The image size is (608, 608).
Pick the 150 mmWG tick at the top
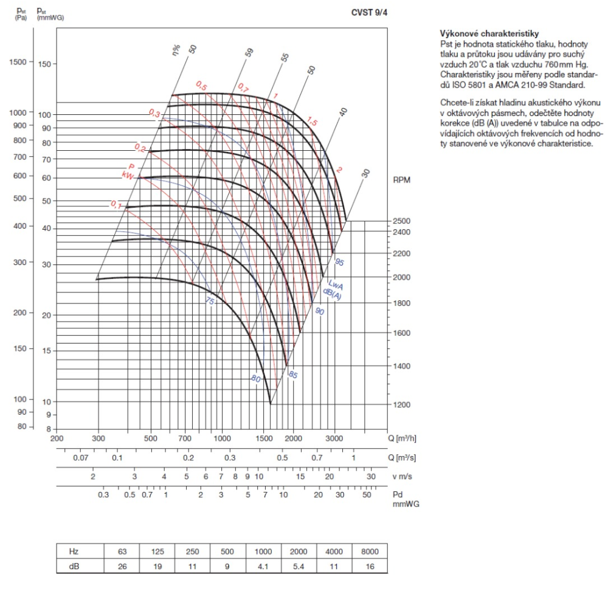pos(46,64)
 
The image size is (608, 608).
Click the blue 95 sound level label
pos(339,262)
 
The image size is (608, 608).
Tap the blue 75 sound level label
pos(210,300)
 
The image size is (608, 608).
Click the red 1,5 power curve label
pos(313,122)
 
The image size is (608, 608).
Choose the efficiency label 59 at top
pos(249,53)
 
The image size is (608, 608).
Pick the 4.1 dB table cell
pos(263,567)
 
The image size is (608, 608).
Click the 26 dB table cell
pos(122,567)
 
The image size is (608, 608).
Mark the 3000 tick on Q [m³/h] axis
pos(334,438)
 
